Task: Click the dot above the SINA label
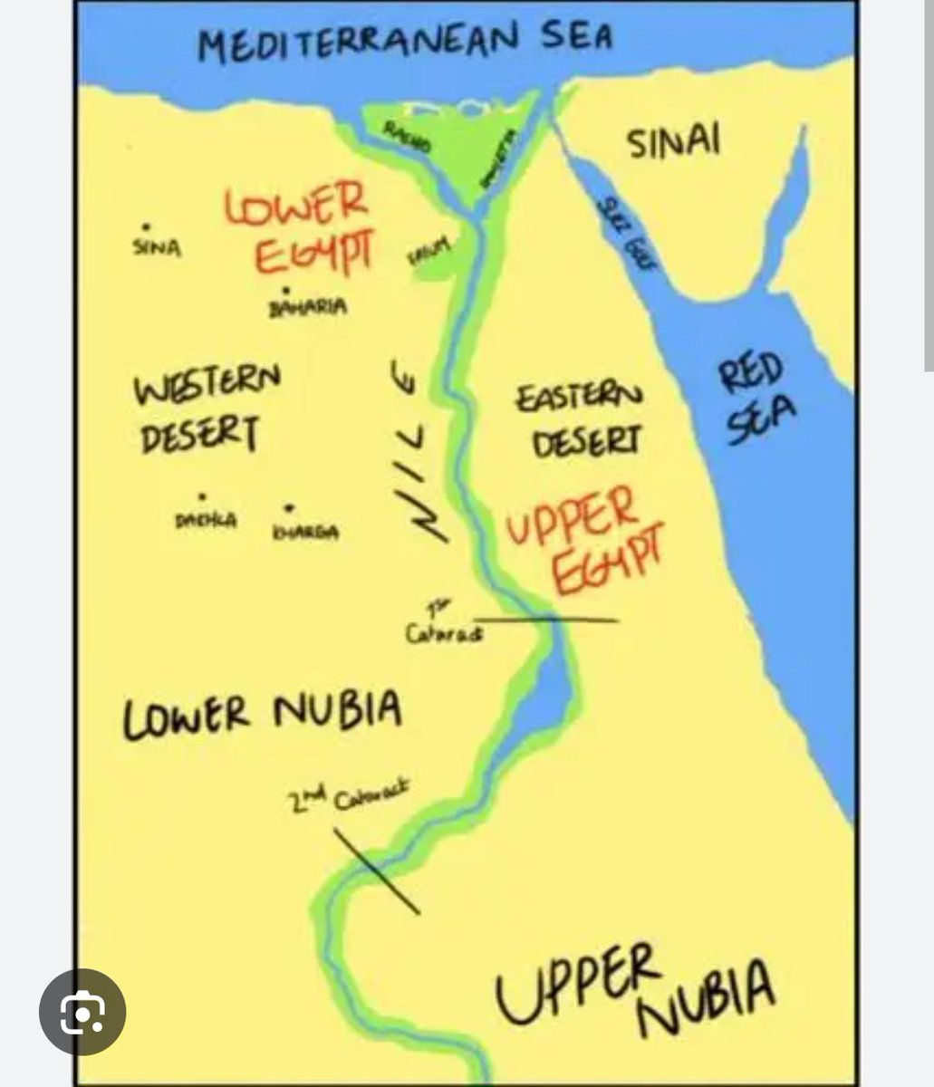[146, 227]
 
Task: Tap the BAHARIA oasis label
[308, 307]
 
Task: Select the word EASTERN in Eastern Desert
[579, 397]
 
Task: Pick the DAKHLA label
[206, 521]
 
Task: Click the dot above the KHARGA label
[290, 508]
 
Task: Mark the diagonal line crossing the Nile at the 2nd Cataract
[375, 870]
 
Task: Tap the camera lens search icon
[82, 1012]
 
